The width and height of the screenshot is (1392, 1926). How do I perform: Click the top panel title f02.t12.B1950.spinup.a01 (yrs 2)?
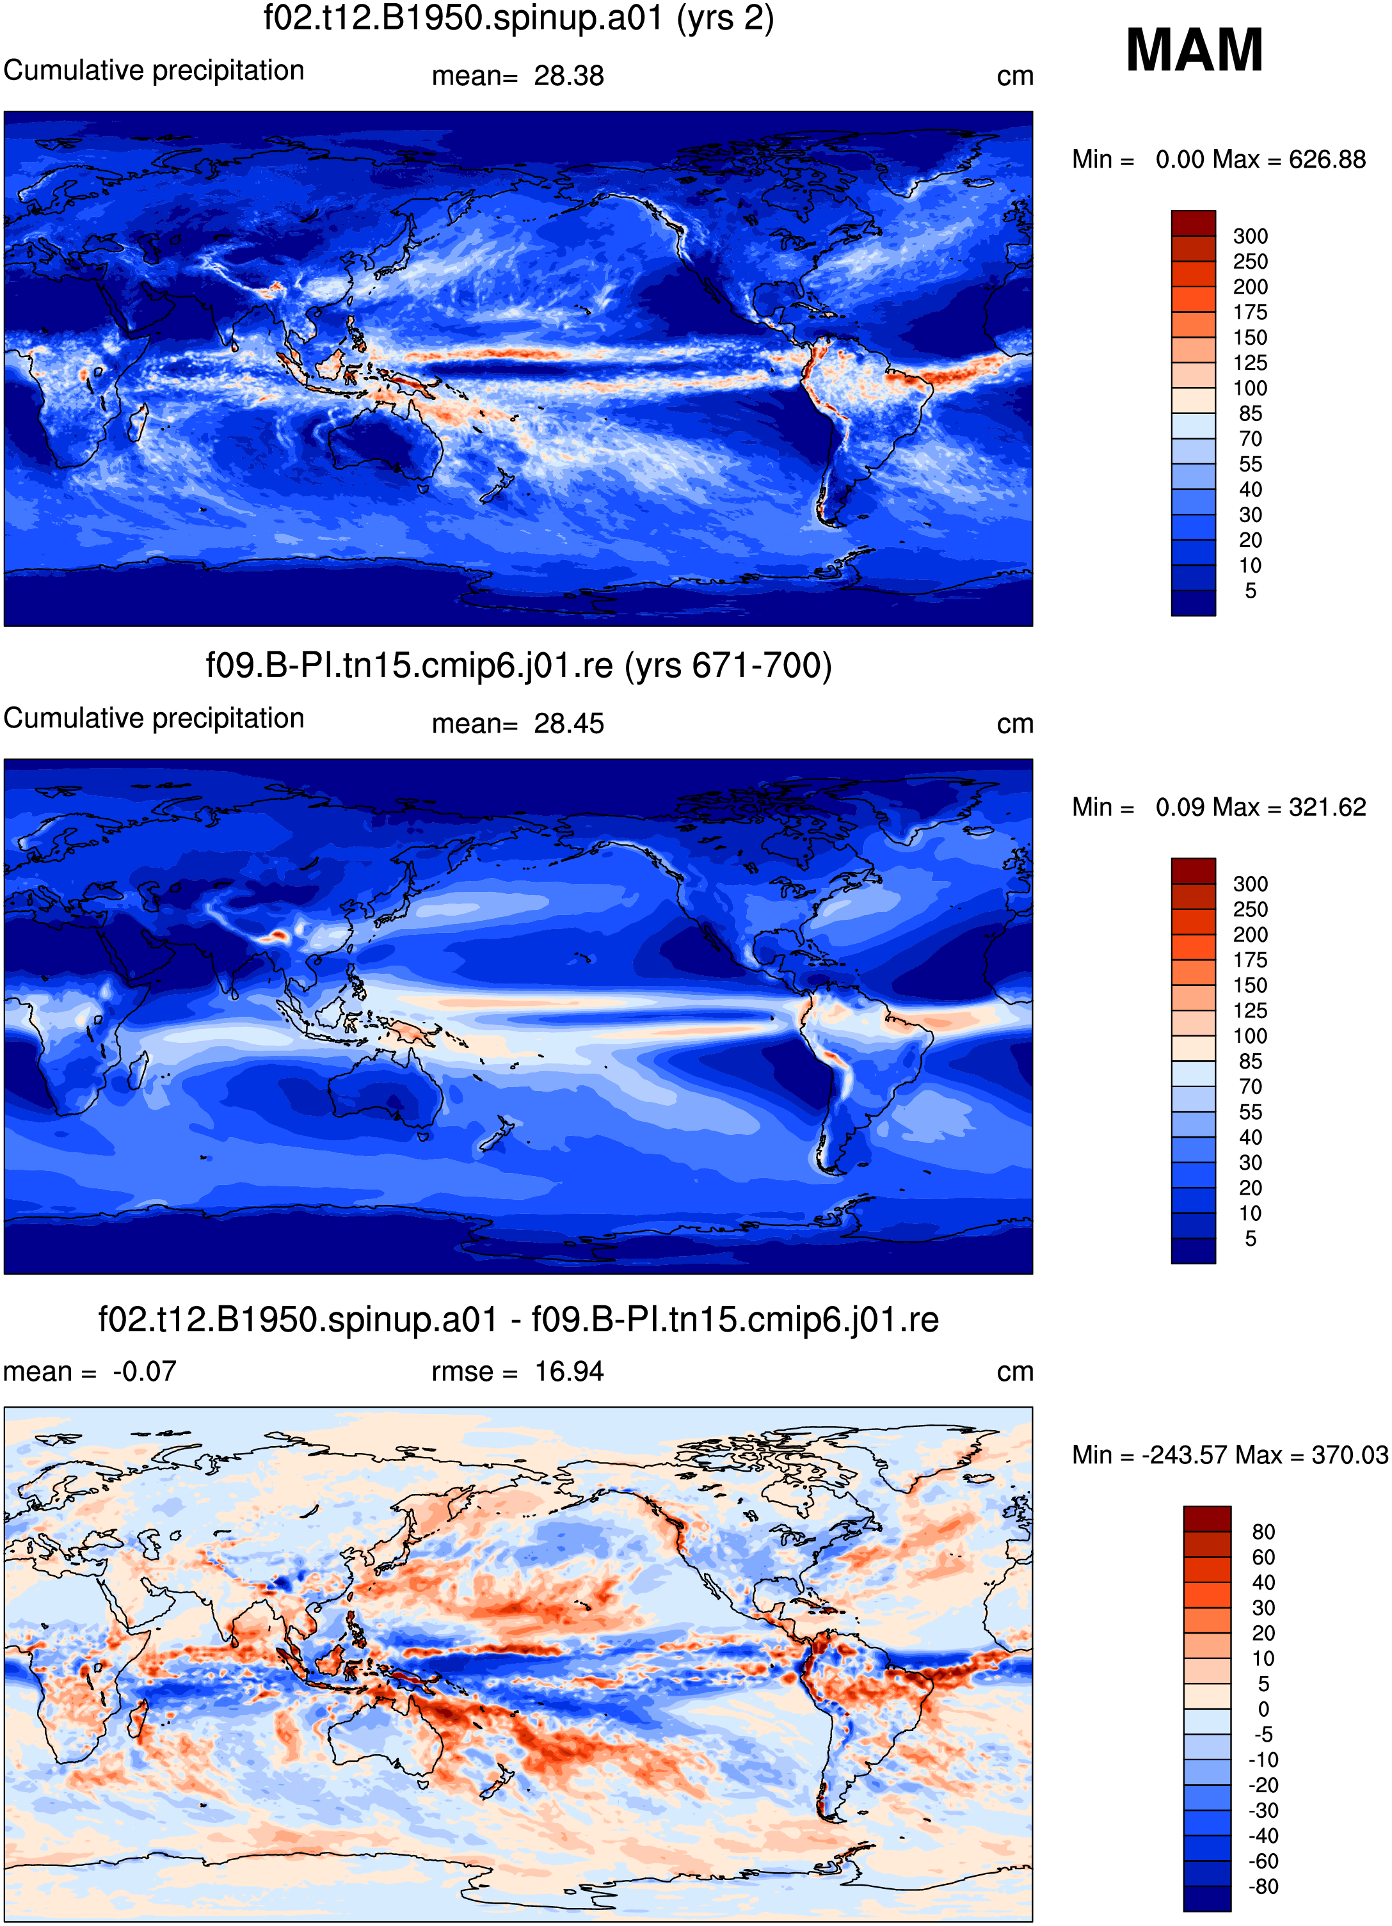[519, 19]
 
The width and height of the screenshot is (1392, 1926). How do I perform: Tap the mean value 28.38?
[569, 76]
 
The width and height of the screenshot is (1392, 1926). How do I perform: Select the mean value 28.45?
[569, 724]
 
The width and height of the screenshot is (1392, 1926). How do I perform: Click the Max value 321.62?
[1327, 807]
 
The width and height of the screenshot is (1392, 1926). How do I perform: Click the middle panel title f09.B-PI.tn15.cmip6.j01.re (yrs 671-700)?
[519, 665]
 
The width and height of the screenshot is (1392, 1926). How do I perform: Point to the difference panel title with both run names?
[519, 1319]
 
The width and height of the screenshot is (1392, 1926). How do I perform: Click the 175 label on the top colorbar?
[1250, 312]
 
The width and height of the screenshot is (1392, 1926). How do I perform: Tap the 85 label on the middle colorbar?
[1250, 1062]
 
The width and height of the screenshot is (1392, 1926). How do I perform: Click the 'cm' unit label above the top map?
[1015, 76]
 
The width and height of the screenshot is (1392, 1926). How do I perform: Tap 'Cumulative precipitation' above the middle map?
[154, 719]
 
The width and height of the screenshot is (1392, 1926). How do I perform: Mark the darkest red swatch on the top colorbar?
[1193, 223]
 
